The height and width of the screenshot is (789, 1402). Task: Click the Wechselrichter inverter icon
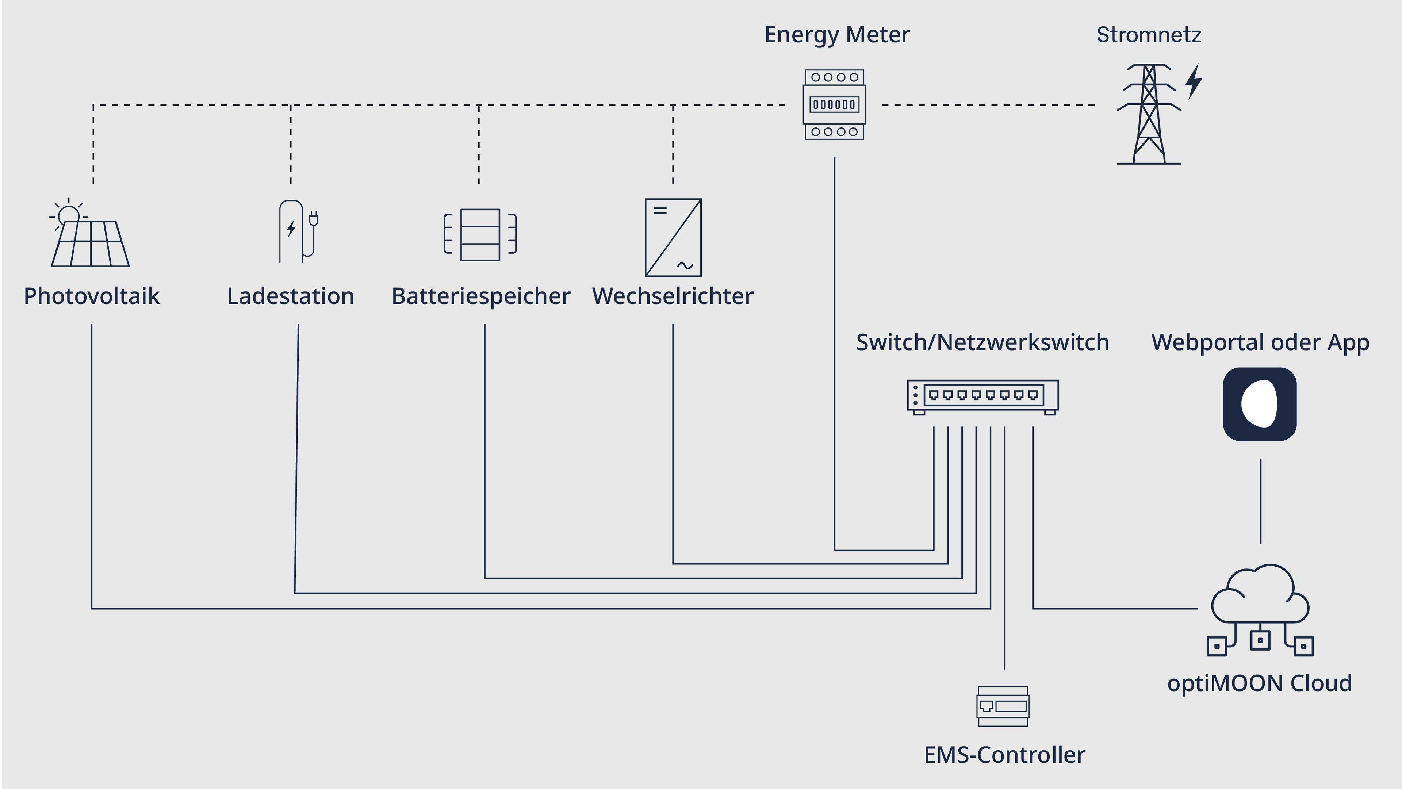(x=673, y=238)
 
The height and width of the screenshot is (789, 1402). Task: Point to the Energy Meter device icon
(x=834, y=104)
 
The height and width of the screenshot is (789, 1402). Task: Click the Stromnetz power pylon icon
(x=1149, y=114)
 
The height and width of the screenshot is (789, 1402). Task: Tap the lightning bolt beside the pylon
(x=1193, y=82)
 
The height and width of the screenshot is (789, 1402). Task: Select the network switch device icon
(x=983, y=396)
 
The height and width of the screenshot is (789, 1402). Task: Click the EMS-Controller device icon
(x=1003, y=706)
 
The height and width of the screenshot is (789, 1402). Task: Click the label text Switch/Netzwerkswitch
(x=982, y=342)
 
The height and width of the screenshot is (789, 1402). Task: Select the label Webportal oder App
(x=1260, y=342)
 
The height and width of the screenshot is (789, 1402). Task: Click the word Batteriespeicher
(x=480, y=296)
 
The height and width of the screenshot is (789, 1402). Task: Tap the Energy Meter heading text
(x=837, y=35)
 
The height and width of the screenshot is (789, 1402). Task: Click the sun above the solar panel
(x=69, y=215)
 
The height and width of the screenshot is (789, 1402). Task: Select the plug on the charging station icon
(x=314, y=219)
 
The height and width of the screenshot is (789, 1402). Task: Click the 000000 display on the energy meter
(x=834, y=104)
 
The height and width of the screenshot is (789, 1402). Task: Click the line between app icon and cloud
(x=1260, y=501)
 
